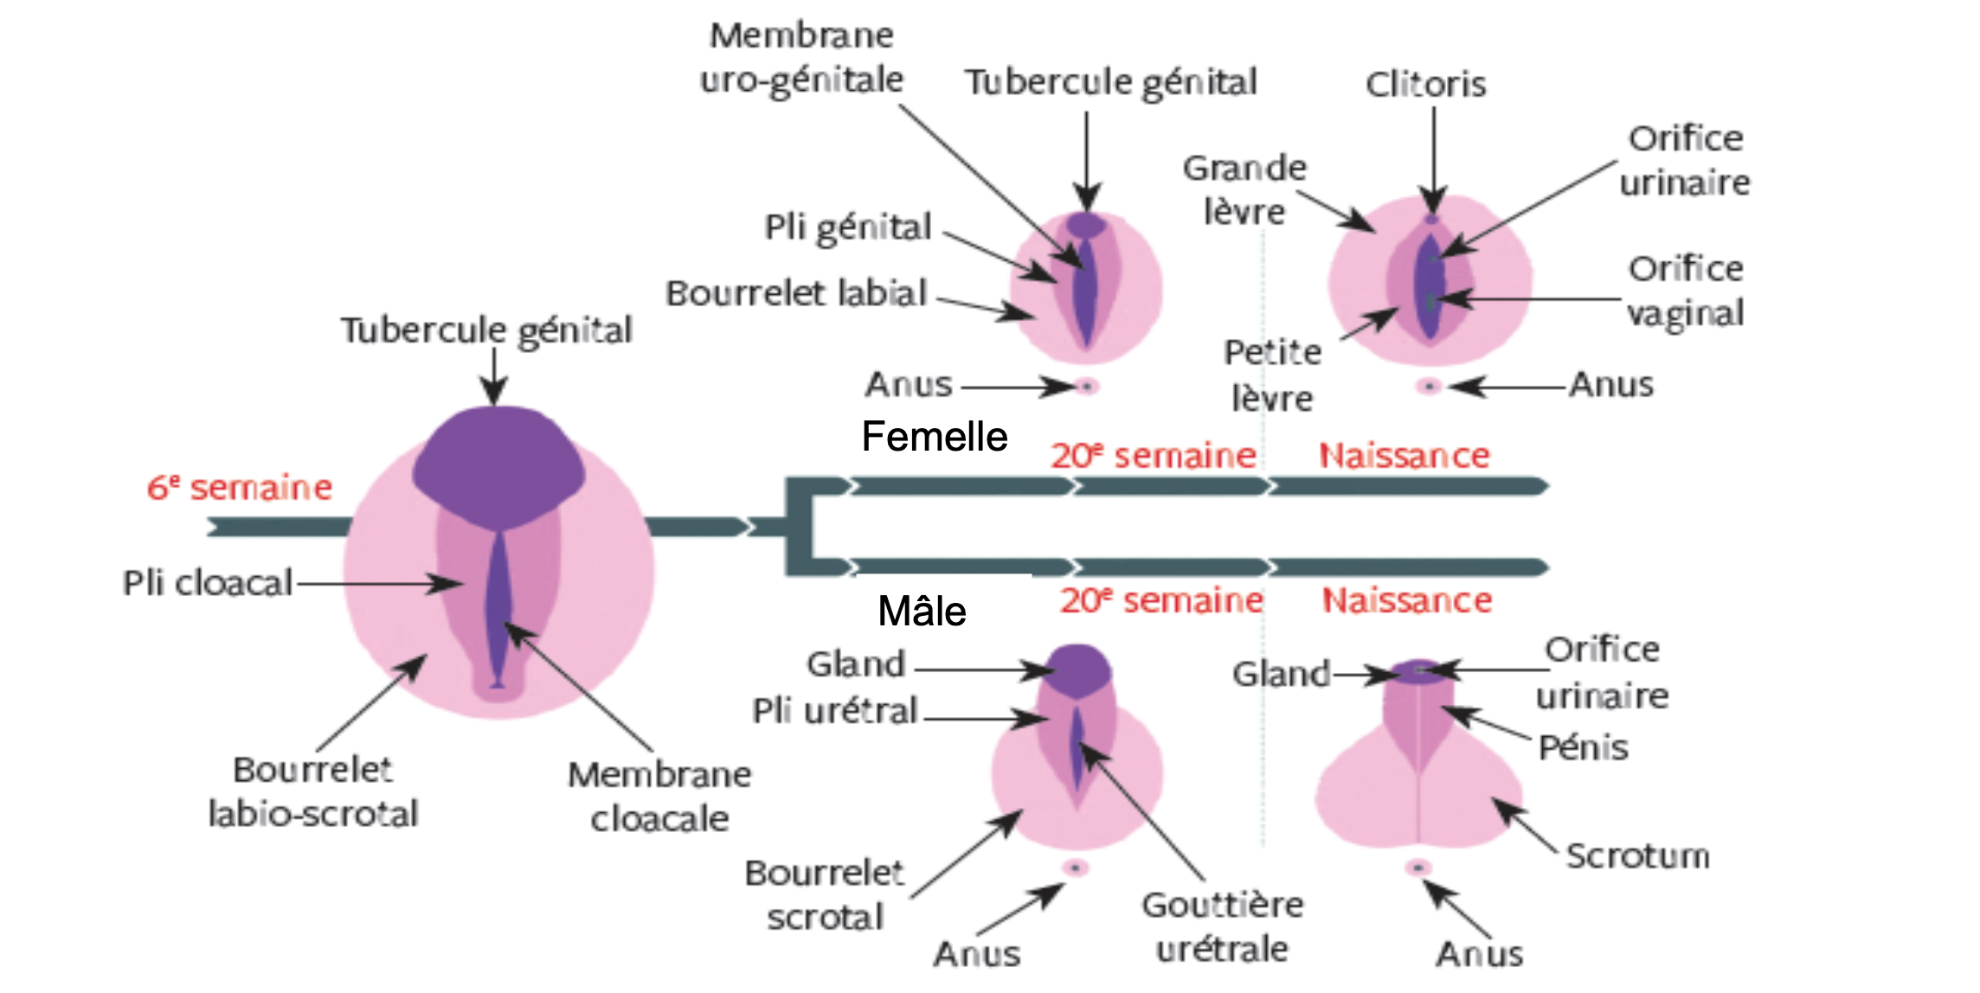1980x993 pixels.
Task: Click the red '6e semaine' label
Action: coord(240,488)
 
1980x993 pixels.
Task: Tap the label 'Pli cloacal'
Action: coord(208,583)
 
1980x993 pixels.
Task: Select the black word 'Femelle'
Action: coord(935,437)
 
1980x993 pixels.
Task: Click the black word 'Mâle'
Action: coord(922,612)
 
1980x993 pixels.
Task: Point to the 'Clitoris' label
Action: coord(1425,85)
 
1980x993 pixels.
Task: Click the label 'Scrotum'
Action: coord(1637,856)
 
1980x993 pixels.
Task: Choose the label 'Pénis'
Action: coord(1583,747)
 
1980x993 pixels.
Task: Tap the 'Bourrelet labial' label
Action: coord(796,293)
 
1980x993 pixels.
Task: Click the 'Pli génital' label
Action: coord(847,227)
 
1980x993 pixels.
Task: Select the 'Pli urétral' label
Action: coord(834,711)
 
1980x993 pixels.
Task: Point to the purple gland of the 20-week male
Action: coord(1078,667)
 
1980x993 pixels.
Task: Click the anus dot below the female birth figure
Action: coord(1429,386)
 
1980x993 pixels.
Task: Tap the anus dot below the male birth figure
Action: coord(1418,867)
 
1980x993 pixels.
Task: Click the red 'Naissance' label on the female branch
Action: coord(1404,456)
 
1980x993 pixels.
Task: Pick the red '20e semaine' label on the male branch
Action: coord(1161,600)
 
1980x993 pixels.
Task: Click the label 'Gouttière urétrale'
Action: coord(1222,927)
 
